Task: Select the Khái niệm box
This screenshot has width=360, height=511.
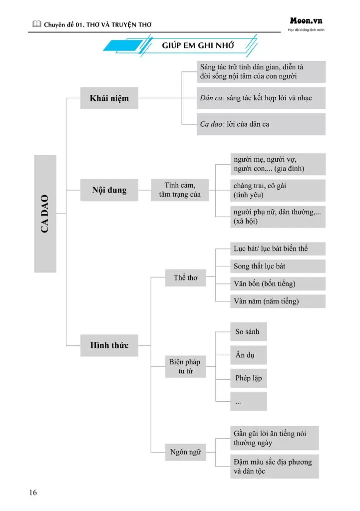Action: click(109, 98)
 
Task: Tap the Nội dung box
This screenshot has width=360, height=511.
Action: click(109, 190)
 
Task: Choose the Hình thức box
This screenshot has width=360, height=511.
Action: click(109, 345)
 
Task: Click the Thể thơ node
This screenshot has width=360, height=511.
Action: click(185, 278)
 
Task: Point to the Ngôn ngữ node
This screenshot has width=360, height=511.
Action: click(185, 452)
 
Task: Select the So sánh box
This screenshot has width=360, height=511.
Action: click(248, 332)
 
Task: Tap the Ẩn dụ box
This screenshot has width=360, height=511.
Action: click(248, 355)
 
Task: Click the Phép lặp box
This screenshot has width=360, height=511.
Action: click(248, 378)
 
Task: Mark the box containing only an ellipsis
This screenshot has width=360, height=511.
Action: click(248, 401)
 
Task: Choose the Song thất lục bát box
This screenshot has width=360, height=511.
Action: click(277, 266)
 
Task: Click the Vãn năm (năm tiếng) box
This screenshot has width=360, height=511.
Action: click(277, 301)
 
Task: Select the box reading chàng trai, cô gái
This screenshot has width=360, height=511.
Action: click(277, 190)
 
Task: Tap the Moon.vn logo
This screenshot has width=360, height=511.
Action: click(306, 21)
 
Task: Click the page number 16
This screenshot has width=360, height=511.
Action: click(33, 493)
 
